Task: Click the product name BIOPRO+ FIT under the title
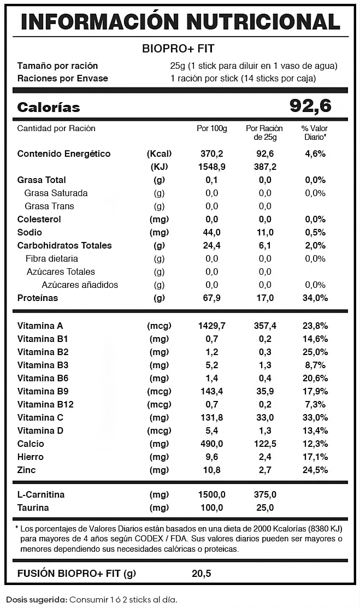[178, 48]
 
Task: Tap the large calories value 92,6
[310, 107]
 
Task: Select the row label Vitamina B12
[45, 404]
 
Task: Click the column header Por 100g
[211, 128]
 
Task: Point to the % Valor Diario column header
[315, 133]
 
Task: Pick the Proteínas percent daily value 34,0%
[315, 298]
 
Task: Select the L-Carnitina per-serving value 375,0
[265, 494]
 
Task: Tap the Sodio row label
[29, 232]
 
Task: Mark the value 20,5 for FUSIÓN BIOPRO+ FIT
[201, 574]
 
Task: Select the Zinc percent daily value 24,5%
[315, 470]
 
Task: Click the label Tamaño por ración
[57, 66]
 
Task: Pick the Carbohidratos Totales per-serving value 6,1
[265, 245]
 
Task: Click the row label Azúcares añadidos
[80, 285]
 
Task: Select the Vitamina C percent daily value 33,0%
[315, 417]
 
